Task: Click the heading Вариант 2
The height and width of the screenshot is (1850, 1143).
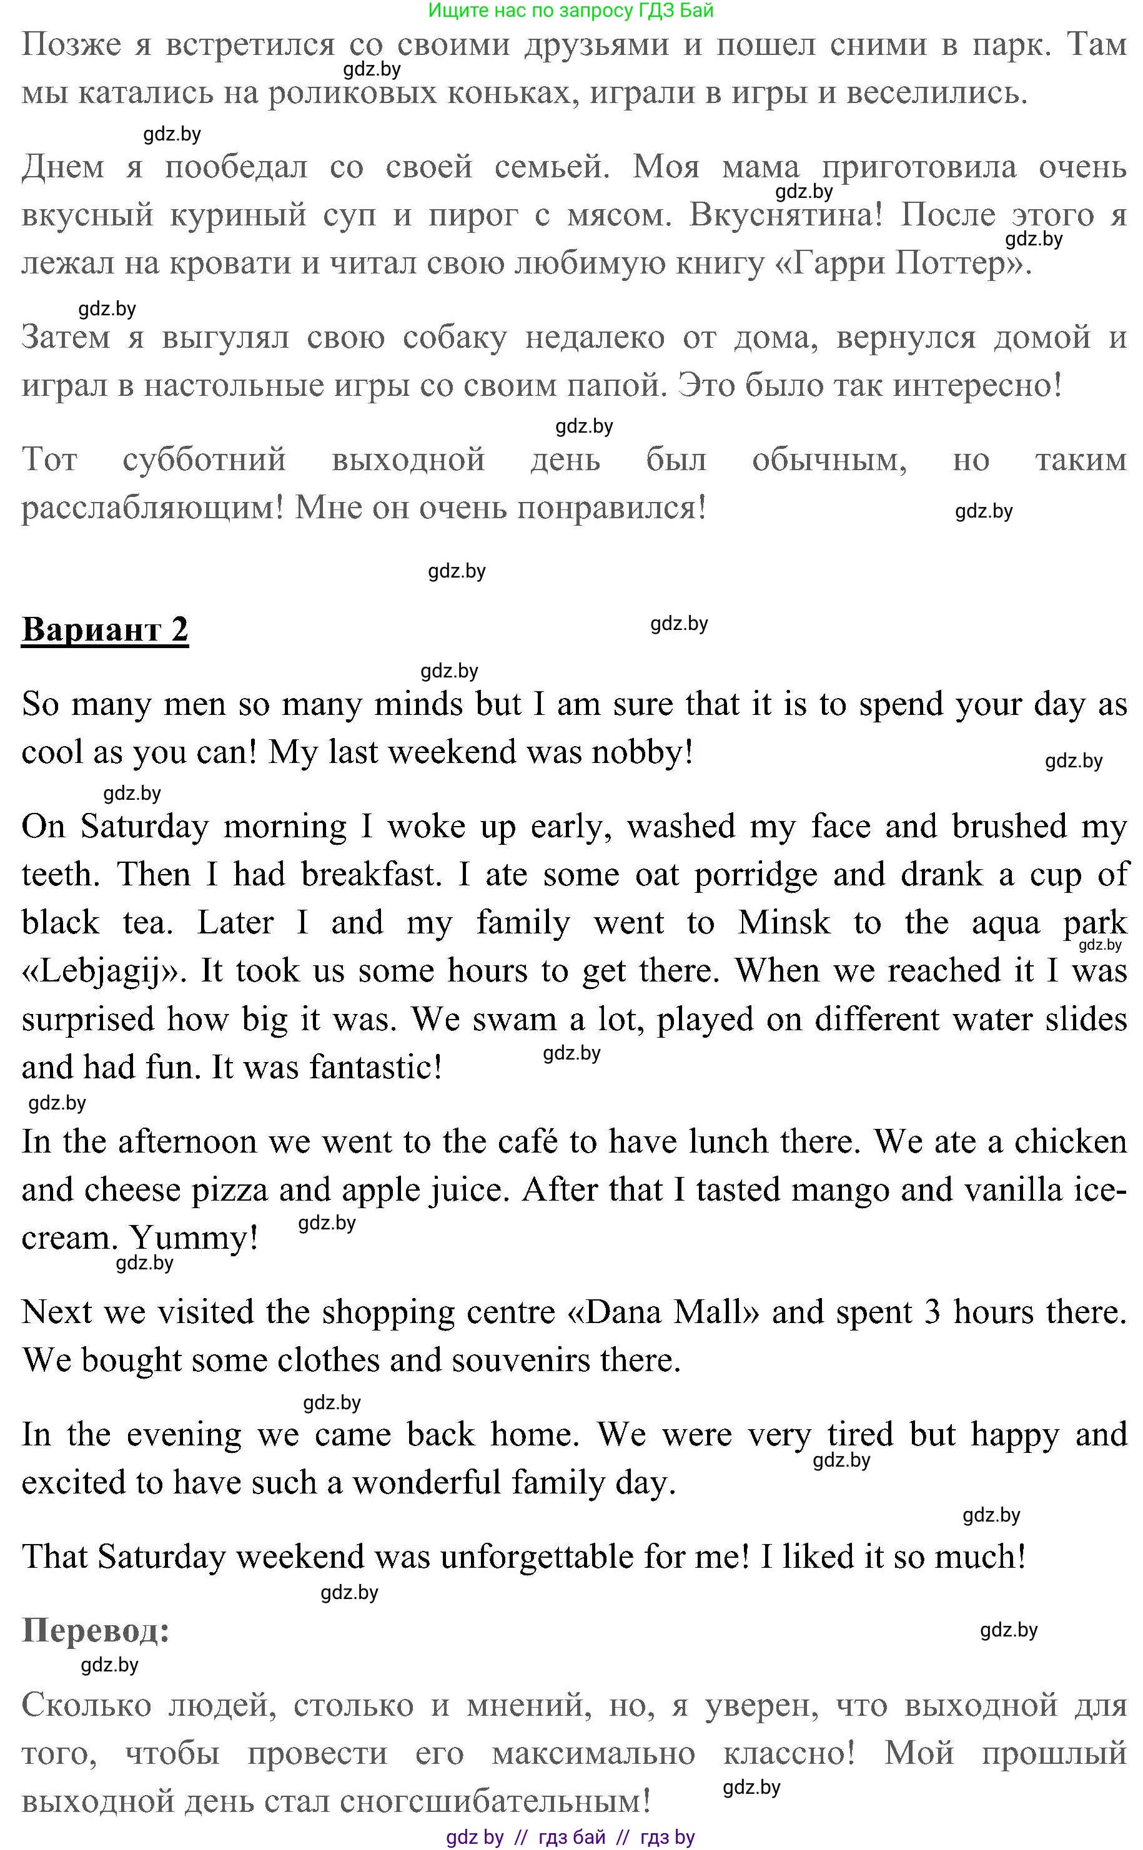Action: pos(104,629)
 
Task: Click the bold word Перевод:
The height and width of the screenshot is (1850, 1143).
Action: pos(95,1630)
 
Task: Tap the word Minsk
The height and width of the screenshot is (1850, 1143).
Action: pos(783,923)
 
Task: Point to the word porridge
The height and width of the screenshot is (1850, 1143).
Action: pos(755,874)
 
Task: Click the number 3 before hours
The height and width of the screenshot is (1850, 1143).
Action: pos(933,1312)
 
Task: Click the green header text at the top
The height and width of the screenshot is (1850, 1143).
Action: pos(571,11)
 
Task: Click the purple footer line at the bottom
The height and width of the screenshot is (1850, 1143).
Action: pos(571,1837)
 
